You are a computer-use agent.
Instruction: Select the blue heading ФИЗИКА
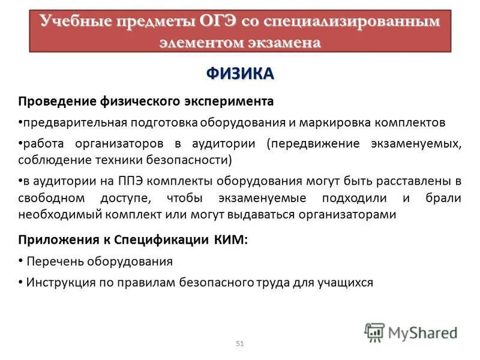pyautogui.click(x=240, y=73)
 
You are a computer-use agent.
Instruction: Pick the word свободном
pyautogui.click(x=52, y=198)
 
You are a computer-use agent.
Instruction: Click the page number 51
pyautogui.click(x=240, y=343)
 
